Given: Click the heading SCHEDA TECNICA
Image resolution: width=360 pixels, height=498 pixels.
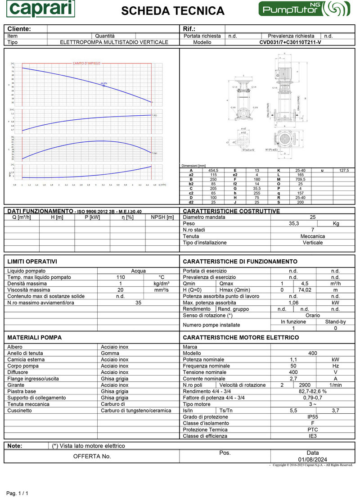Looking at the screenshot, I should (173, 11).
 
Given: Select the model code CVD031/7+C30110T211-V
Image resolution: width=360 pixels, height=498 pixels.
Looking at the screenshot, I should (290, 42).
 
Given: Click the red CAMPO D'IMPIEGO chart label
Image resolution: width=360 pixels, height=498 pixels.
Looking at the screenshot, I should (86, 63).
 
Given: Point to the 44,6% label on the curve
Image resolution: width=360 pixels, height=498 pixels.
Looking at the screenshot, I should (104, 83).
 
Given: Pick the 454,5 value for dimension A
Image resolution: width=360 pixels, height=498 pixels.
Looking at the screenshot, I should (213, 171).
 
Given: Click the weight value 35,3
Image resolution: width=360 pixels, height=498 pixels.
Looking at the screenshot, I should (294, 223).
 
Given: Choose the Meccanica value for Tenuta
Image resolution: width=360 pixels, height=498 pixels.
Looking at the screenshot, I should (312, 236).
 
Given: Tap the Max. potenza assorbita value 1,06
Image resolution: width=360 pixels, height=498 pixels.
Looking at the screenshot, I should (294, 303).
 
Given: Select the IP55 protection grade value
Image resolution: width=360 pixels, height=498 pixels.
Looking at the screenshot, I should (312, 417).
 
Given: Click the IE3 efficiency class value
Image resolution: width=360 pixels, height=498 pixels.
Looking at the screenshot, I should (312, 436).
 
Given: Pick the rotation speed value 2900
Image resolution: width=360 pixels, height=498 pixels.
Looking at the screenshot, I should (305, 385).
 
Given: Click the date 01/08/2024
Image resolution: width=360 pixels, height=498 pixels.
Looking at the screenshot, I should (312, 459).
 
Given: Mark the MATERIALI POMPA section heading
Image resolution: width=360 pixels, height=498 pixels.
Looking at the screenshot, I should (35, 337).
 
